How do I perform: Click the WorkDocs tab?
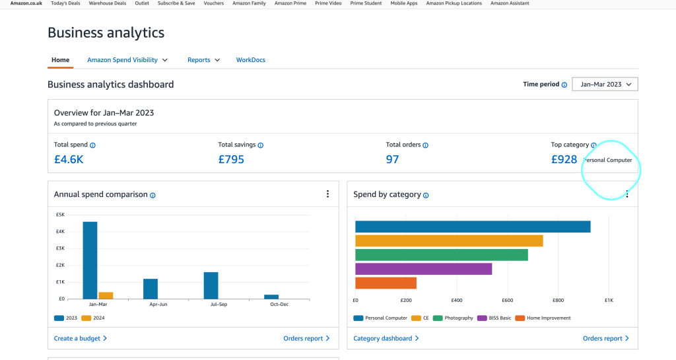click(x=250, y=60)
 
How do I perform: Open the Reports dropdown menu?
click(x=203, y=60)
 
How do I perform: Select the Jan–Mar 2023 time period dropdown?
click(x=605, y=84)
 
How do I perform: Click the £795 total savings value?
click(x=231, y=159)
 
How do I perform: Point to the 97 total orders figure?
click(x=392, y=159)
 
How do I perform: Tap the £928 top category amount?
click(x=564, y=159)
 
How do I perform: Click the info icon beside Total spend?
click(x=92, y=145)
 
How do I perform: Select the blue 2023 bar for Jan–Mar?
click(x=90, y=260)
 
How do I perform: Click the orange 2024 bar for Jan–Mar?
click(x=106, y=296)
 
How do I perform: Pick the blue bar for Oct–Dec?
click(x=271, y=297)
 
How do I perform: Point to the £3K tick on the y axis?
click(x=60, y=248)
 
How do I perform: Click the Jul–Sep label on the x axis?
click(x=219, y=305)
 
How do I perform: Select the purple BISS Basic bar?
click(x=423, y=269)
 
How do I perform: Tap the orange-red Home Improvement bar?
click(x=386, y=283)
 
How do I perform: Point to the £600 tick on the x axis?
click(x=508, y=300)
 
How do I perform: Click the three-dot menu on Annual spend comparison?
click(x=327, y=194)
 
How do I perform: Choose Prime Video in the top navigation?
click(x=328, y=3)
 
